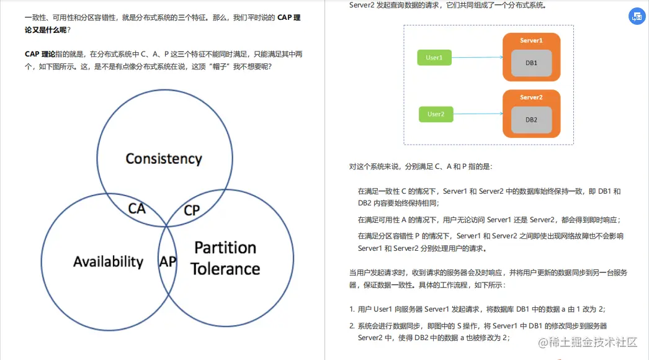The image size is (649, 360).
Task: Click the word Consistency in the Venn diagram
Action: pos(164,159)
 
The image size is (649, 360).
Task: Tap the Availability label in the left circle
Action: pos(108,262)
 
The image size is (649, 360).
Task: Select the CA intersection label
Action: pos(137,209)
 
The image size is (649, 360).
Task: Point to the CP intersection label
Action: pos(192,210)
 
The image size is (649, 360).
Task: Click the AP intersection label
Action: pos(168,262)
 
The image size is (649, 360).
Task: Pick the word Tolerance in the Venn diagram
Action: pos(225,269)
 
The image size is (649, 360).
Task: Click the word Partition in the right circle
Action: pos(225,248)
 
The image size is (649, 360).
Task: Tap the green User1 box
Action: pos(434,58)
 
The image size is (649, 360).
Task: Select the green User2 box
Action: pos(436,114)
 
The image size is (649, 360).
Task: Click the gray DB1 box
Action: pos(531,63)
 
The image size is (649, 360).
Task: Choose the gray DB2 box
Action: pos(531,119)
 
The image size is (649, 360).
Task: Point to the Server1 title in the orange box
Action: pos(531,40)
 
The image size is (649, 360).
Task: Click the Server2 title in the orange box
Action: pos(531,97)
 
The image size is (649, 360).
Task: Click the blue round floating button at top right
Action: pos(637,17)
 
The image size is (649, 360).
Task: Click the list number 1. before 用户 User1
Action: pos(352,309)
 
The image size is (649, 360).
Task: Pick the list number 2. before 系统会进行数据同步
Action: pos(352,326)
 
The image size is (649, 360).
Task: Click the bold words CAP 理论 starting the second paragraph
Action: pos(40,54)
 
